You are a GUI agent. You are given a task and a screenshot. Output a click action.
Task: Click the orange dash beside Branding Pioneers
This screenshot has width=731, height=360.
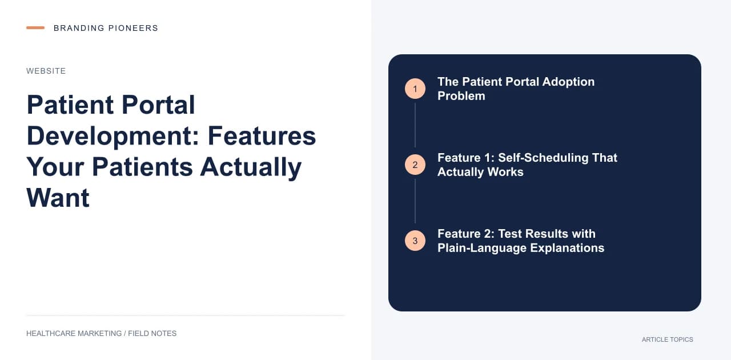35,28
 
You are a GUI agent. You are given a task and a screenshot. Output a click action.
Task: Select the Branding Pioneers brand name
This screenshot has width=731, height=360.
106,28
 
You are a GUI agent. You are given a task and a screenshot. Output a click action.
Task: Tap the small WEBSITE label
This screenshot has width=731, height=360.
46,71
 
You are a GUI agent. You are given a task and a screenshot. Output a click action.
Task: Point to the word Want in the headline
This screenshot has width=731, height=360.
58,198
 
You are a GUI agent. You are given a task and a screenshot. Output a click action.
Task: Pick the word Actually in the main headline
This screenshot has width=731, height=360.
251,167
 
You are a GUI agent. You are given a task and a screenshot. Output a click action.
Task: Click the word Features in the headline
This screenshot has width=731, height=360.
262,136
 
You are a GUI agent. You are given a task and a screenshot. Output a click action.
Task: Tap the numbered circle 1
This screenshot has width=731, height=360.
415,89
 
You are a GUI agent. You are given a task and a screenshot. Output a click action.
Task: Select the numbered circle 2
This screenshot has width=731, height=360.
415,165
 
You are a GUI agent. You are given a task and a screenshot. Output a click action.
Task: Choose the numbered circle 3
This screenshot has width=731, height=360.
415,241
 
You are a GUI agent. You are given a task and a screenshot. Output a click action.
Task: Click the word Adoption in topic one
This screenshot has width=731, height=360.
568,82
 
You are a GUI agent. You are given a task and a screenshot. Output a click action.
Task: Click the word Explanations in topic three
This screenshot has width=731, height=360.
567,248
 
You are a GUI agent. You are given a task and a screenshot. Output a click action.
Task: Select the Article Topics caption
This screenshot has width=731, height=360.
668,339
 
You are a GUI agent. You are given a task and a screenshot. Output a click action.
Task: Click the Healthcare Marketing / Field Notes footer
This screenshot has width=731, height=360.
101,334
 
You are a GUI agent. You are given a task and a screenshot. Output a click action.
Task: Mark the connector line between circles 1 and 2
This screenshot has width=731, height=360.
415,125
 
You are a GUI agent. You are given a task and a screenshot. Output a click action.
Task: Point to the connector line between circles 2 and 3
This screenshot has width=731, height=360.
415,201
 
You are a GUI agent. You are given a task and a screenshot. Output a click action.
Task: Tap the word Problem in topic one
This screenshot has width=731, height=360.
461,96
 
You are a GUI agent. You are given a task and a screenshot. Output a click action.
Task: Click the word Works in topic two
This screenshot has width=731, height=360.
505,172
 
